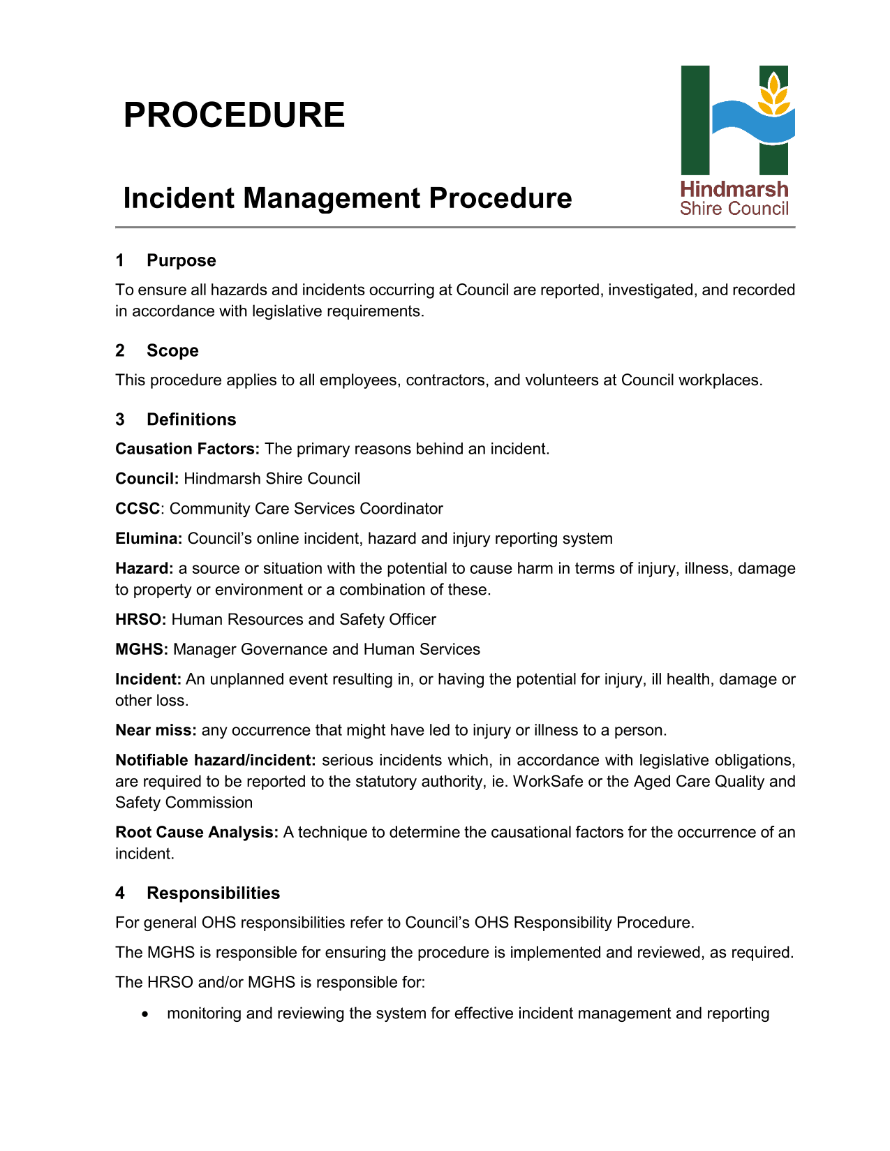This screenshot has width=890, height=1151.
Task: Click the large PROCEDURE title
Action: (234, 115)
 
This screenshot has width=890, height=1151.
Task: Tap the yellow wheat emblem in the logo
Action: (773, 96)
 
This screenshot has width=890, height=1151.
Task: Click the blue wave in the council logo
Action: (753, 124)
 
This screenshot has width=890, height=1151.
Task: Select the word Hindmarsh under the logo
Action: (734, 189)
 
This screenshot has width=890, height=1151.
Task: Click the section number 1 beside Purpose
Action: (120, 260)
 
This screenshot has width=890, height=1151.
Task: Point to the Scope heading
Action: (172, 350)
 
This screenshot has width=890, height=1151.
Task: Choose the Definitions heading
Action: (191, 419)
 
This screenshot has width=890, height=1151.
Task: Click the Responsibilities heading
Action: (213, 893)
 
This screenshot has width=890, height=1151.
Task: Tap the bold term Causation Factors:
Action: (187, 449)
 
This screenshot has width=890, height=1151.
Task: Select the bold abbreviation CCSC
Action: (138, 509)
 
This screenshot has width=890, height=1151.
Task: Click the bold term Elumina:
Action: (149, 539)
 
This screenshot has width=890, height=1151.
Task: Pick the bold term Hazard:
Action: (144, 569)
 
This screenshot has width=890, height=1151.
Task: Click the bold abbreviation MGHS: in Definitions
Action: (142, 650)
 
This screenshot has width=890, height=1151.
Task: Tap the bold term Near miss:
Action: (156, 731)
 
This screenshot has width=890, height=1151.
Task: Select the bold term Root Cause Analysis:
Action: (197, 833)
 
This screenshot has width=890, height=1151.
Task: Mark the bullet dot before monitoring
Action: (144, 1014)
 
